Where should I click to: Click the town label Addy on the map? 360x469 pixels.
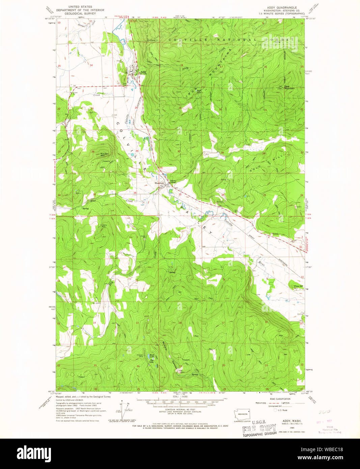pos(143,72)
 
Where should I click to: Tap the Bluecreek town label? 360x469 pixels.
pos(159,183)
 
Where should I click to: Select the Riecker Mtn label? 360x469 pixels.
pos(105,155)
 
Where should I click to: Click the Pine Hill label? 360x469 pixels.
pos(299,286)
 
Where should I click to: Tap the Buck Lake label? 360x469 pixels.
pos(152,356)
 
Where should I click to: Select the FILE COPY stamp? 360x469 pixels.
pos(259,429)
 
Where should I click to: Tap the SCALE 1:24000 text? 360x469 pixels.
pos(180,397)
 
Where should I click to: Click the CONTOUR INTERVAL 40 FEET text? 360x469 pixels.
pos(180,409)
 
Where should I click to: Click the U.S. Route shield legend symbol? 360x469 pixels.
pos(275,410)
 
